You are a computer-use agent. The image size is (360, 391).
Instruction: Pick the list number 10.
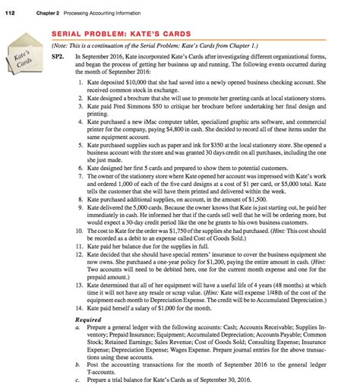click(79, 231)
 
